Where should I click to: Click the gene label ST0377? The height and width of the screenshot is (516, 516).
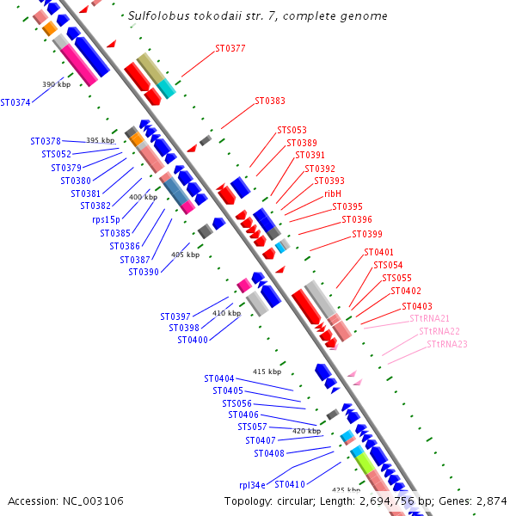[x=230, y=48]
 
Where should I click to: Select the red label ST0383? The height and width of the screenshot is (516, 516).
[x=270, y=101]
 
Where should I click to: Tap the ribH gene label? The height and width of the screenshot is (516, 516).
[x=333, y=193]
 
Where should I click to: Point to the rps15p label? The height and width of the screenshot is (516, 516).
[x=109, y=219]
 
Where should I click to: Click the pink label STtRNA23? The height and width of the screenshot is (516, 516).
[x=447, y=344]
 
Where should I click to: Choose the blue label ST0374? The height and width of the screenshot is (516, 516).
[x=15, y=102]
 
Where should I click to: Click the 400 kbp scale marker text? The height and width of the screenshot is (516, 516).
[x=144, y=197]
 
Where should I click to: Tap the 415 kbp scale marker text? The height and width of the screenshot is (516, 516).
[x=267, y=372]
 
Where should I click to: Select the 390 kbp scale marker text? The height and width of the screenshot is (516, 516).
[x=56, y=84]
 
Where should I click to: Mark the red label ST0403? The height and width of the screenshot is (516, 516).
[x=417, y=306]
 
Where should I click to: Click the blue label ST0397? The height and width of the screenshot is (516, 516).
[x=175, y=316]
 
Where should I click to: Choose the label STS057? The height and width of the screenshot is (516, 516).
[x=252, y=427]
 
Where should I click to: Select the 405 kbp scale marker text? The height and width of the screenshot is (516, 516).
[x=185, y=255]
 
